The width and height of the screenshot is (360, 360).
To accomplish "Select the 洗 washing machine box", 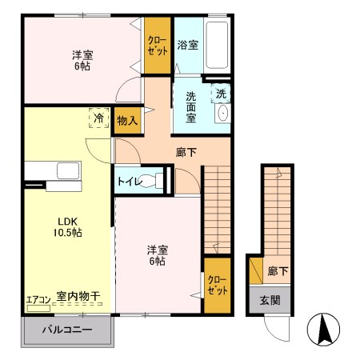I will point(221,93).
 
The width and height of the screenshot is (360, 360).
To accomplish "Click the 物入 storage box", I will point(126,121).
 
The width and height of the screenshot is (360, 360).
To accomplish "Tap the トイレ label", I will point(130,182).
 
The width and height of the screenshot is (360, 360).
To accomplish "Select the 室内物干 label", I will point(79,298).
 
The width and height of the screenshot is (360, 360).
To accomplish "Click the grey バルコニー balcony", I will point(67,330).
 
